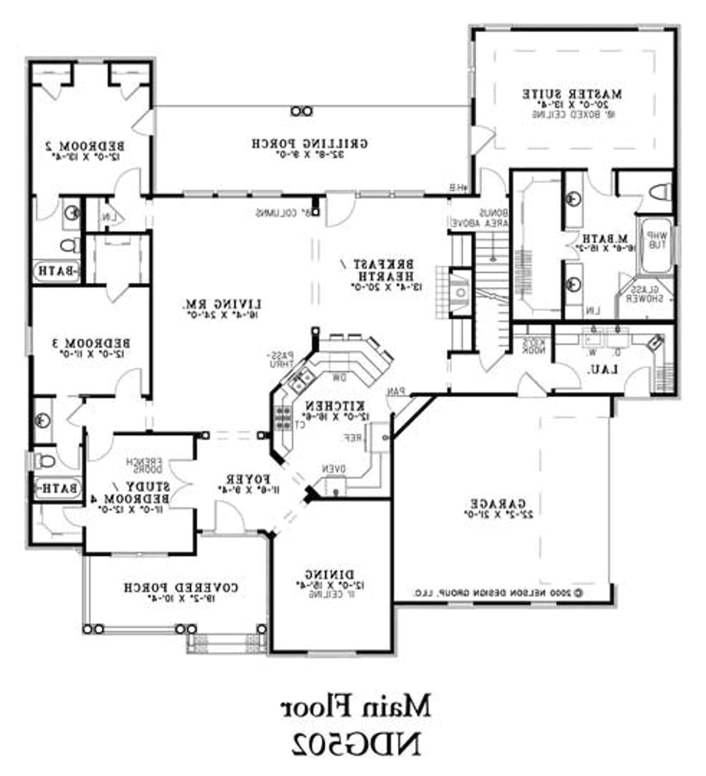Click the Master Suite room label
pos(572,95)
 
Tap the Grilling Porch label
pos(310,144)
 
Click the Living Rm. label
pos(222,304)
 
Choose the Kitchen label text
pos(335,406)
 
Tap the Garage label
pos(498,503)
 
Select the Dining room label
pos(330,575)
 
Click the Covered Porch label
pos(181,588)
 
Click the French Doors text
pos(146,465)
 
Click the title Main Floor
pos(356,706)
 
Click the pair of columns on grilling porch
pos(302,110)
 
